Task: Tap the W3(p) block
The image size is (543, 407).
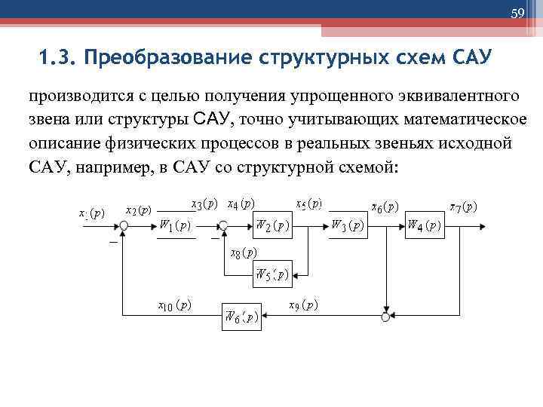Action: (x=348, y=225)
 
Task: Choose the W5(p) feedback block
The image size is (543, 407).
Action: (x=271, y=274)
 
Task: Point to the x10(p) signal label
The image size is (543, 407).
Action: (x=173, y=305)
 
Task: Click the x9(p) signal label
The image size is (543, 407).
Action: (x=303, y=305)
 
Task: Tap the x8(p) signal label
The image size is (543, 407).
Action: (x=243, y=252)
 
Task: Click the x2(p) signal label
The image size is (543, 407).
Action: (x=138, y=210)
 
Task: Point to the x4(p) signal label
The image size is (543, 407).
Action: (x=241, y=203)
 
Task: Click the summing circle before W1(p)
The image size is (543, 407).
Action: (x=124, y=225)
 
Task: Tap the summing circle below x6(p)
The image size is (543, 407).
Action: (x=386, y=317)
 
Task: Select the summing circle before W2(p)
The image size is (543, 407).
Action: (x=223, y=225)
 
